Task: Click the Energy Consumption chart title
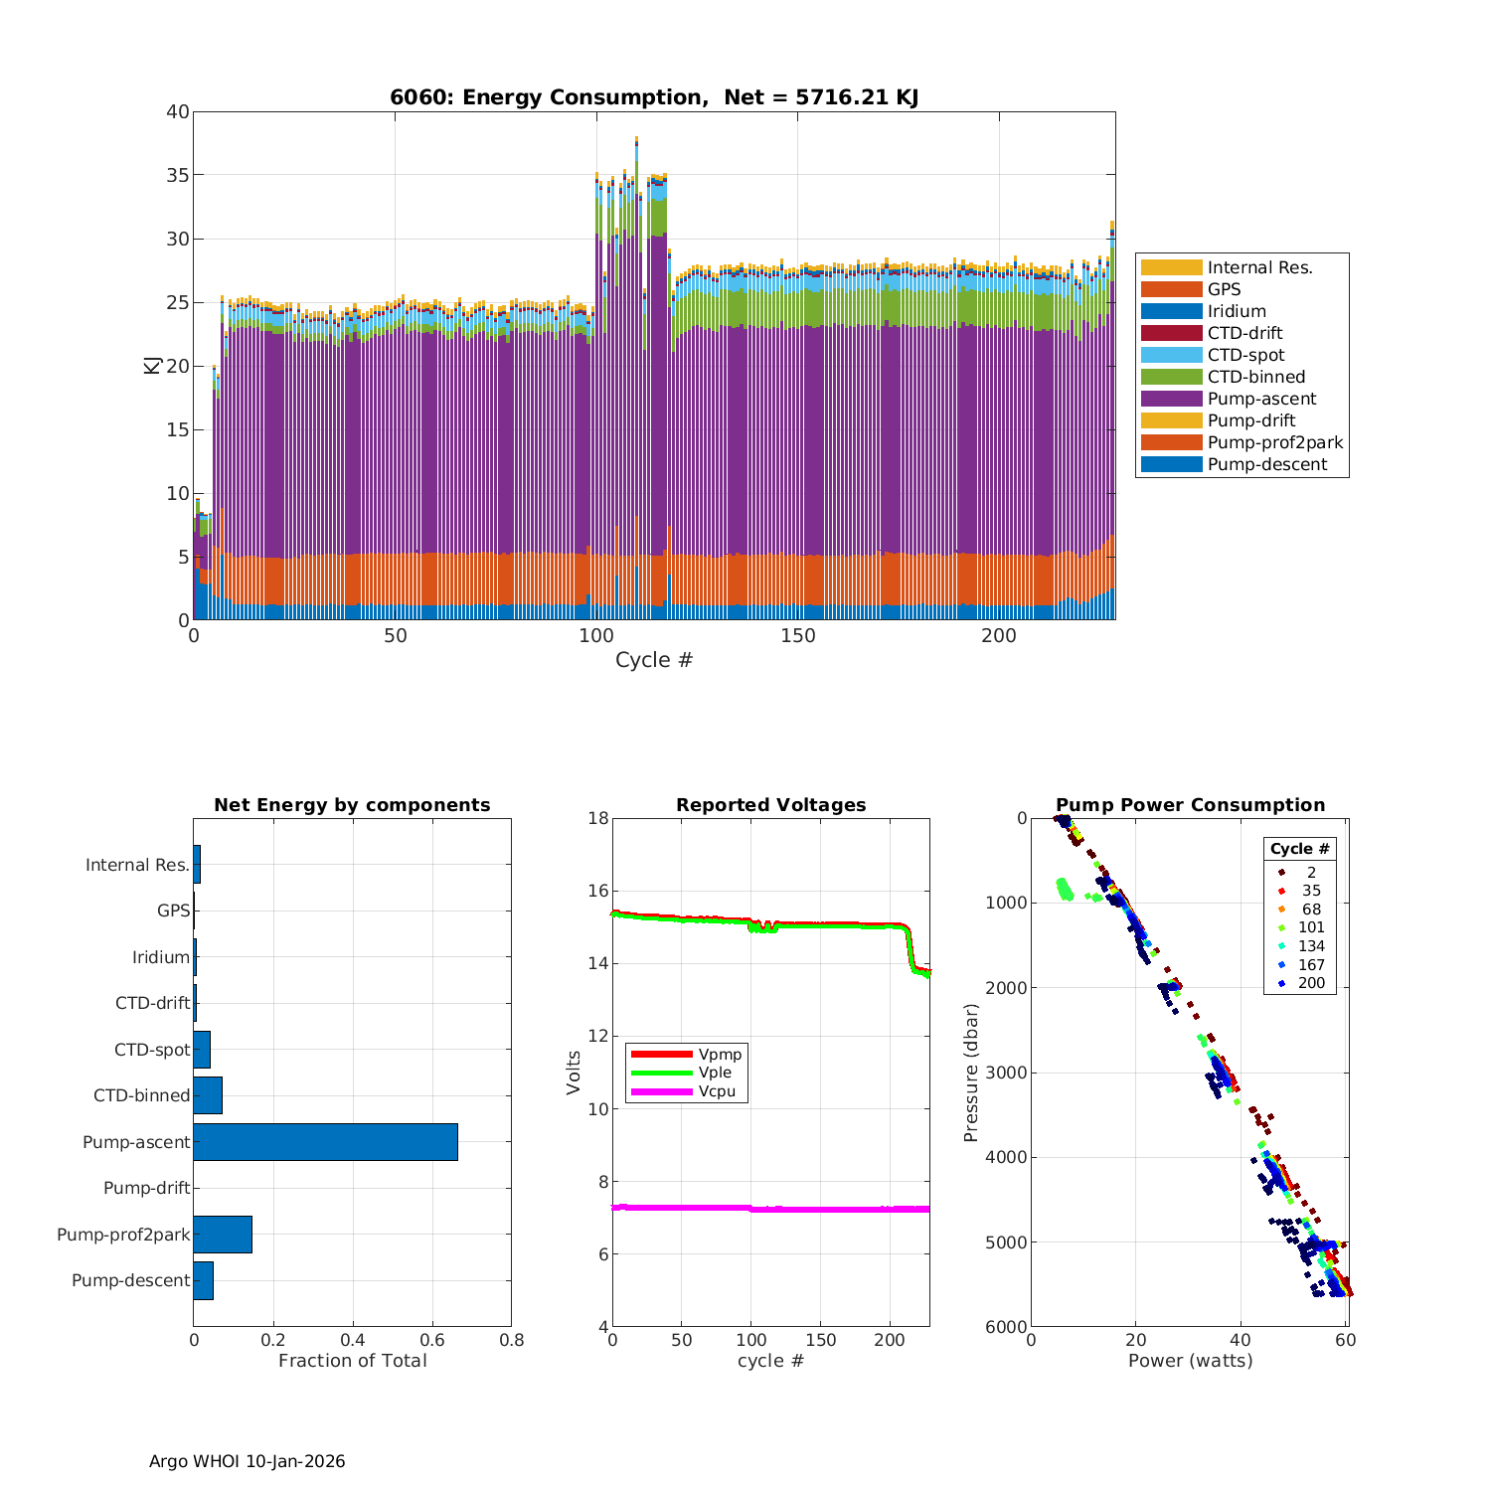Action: (653, 97)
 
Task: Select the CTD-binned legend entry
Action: (1255, 377)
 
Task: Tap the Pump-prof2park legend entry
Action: (1274, 442)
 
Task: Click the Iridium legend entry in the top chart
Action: (1237, 311)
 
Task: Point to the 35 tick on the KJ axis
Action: (178, 175)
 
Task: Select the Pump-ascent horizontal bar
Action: (325, 1142)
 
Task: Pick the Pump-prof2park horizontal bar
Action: (223, 1235)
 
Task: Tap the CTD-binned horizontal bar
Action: (208, 1095)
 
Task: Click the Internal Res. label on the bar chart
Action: (137, 865)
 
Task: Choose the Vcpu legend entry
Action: (716, 1091)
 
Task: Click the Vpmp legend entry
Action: (720, 1054)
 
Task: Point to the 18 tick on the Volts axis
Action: (597, 818)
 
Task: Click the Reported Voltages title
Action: (770, 805)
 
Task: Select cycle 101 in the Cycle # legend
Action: (1311, 927)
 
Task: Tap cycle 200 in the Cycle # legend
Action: (1311, 983)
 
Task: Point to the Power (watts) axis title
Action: (1190, 1360)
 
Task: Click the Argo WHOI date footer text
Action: (247, 1461)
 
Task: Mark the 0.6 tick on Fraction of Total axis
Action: (432, 1340)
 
